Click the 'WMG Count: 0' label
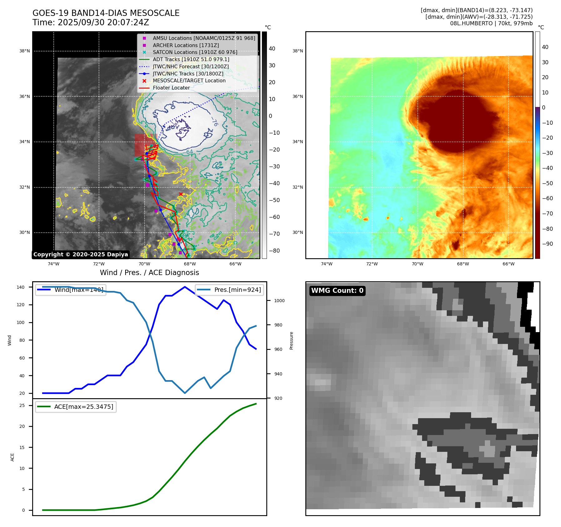[337, 291]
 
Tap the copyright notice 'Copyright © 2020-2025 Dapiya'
[81, 254]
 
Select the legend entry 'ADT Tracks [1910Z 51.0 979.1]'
[191, 59]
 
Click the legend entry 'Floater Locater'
[171, 88]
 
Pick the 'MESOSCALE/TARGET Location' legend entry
[189, 81]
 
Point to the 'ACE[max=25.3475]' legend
[83, 407]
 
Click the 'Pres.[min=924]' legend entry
[237, 290]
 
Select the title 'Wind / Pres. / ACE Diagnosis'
[149, 273]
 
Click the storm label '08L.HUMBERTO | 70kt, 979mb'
[491, 23]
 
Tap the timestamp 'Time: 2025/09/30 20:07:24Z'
[91, 22]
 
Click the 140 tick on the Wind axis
[21, 287]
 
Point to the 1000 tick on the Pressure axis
[279, 301]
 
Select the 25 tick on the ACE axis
[22, 405]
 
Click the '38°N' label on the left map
[25, 51]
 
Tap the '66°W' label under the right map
[508, 264]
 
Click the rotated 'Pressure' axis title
[291, 341]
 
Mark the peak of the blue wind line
[185, 287]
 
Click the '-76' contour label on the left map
[214, 121]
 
